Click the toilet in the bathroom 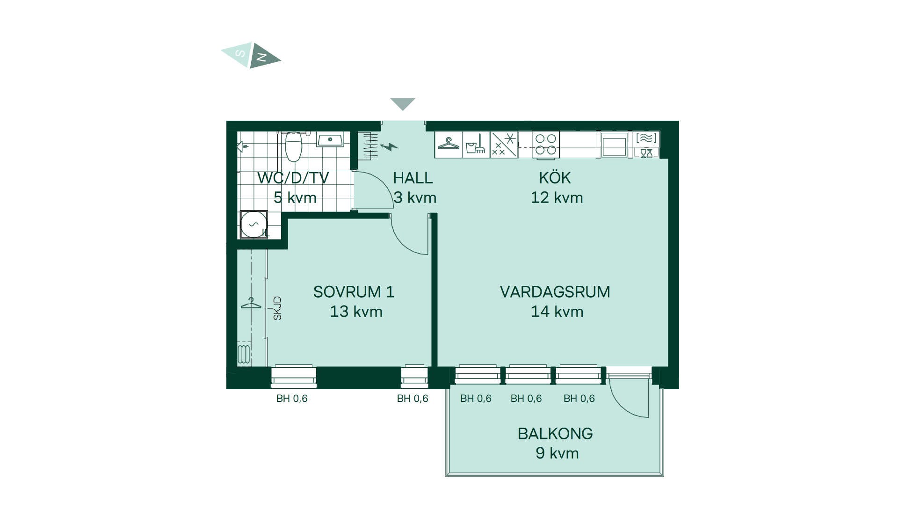point(294,146)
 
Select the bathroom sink point(330,139)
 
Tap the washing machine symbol point(253,224)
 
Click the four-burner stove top point(546,144)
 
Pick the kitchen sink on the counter point(614,144)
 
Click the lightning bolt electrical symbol point(389,147)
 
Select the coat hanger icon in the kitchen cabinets point(449,144)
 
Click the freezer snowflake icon point(504,144)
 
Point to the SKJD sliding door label point(277,308)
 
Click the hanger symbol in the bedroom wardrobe point(251,303)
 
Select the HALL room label point(413,178)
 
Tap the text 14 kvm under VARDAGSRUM point(557,312)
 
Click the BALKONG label point(555,434)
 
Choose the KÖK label point(555,177)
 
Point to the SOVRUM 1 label point(354,292)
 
